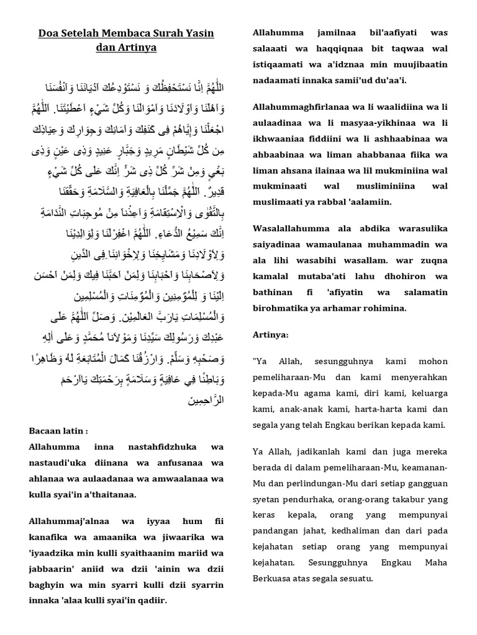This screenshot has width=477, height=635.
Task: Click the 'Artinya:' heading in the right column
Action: pyautogui.click(x=271, y=335)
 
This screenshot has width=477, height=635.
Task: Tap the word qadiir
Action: pyautogui.click(x=151, y=600)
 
